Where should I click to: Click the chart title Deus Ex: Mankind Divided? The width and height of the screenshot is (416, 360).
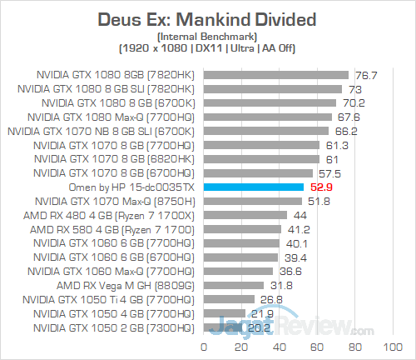207,18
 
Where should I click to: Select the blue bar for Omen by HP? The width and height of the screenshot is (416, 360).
253,187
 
